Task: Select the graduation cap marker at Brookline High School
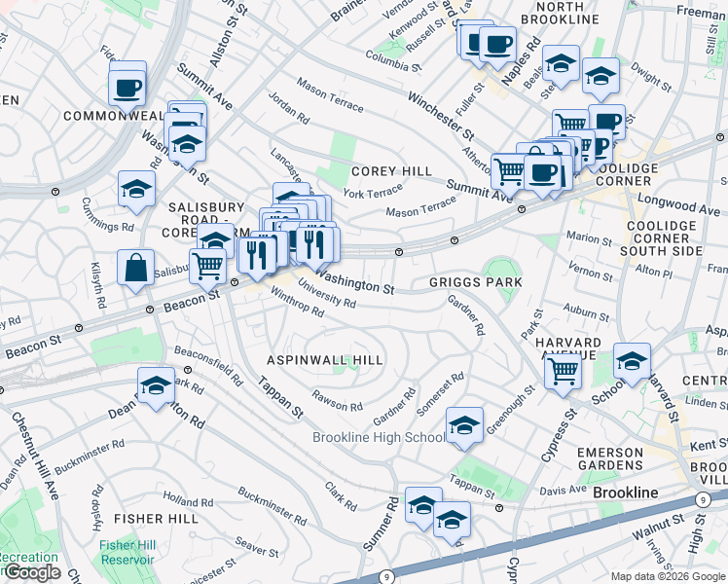tap(464, 425)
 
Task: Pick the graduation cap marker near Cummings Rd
tap(136, 189)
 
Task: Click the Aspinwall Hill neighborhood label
tap(325, 360)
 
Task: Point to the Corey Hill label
tap(392, 171)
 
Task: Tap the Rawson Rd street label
tap(337, 399)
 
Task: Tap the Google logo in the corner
tap(31, 572)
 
